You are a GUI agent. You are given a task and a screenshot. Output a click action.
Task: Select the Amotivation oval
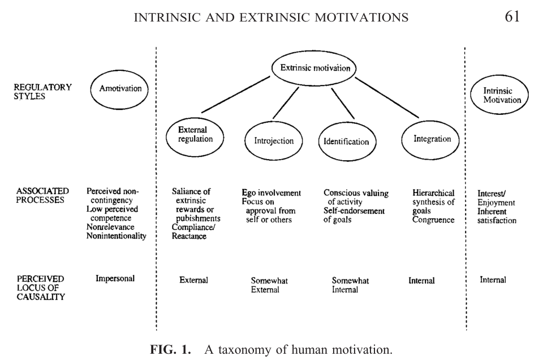click(120, 89)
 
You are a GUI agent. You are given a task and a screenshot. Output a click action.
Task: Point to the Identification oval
click(346, 142)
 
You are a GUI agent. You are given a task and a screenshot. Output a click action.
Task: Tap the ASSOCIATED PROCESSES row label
click(43, 196)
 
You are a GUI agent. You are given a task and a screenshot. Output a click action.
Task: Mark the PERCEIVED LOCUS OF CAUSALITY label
click(41, 288)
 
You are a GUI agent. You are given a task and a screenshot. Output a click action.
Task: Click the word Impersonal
click(115, 278)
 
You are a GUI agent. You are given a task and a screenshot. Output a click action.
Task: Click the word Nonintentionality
click(116, 236)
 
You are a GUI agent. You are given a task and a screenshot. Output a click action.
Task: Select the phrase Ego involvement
click(271, 193)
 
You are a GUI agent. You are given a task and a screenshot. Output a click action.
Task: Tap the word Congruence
click(433, 220)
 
